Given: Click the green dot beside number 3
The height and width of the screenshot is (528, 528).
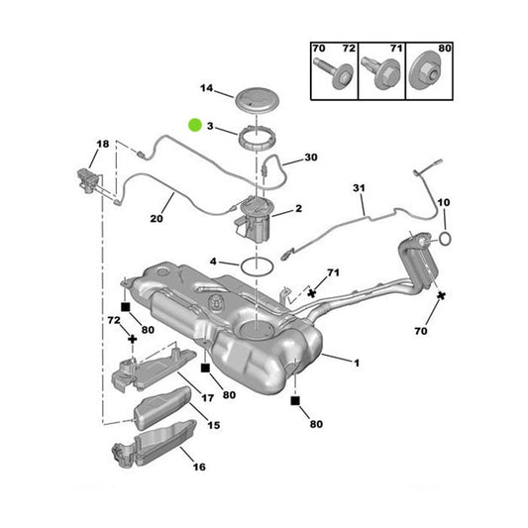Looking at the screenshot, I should [x=194, y=125].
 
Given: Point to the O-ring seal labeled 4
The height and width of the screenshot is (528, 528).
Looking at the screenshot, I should [x=257, y=265].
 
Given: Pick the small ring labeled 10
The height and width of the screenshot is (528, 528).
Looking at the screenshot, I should [x=446, y=239].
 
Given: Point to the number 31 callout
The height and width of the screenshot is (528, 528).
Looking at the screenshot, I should [x=359, y=188].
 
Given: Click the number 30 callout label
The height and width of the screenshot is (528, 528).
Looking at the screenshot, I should [x=311, y=158].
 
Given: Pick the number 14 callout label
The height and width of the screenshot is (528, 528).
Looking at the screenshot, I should [x=206, y=89].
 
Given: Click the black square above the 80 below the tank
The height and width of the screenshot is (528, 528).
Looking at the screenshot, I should [x=294, y=402].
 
